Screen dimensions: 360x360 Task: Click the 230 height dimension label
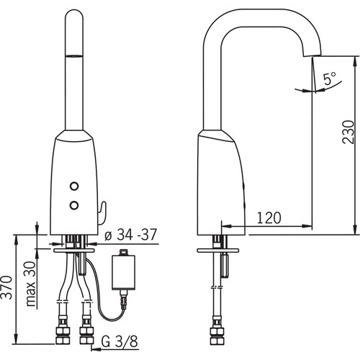click(x=348, y=132)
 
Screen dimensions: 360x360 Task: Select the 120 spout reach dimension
click(x=269, y=217)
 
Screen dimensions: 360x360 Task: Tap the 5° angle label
click(x=330, y=78)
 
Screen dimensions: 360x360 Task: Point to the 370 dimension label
click(x=6, y=287)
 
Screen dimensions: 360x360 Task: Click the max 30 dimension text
click(x=31, y=284)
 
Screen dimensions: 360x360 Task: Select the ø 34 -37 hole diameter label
click(x=131, y=234)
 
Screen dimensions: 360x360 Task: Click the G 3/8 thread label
click(x=120, y=341)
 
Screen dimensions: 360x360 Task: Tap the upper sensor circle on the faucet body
click(x=74, y=186)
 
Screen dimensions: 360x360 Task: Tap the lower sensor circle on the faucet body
click(x=74, y=205)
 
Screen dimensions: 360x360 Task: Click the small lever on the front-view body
click(x=102, y=213)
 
